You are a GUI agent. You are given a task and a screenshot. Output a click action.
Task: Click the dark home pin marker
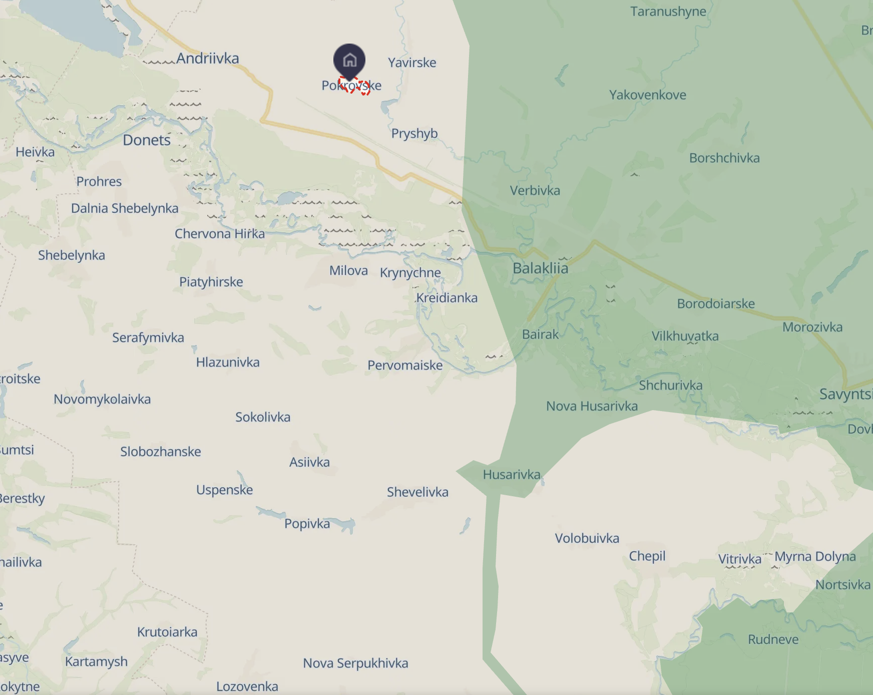click(x=349, y=61)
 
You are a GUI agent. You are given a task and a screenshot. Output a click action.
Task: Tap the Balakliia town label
click(x=540, y=268)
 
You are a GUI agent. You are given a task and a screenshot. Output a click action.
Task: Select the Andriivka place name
click(x=208, y=59)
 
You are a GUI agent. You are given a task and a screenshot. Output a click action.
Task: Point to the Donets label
click(x=147, y=140)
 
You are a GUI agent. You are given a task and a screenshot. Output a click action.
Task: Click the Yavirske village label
click(x=412, y=63)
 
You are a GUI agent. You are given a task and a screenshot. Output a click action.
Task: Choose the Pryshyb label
click(x=414, y=134)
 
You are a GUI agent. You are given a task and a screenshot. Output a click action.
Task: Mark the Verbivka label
click(x=535, y=190)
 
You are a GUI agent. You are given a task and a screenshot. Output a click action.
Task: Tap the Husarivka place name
click(x=512, y=474)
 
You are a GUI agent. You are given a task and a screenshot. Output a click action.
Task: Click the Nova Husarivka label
click(x=592, y=406)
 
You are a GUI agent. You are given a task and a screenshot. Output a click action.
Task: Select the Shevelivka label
click(x=417, y=492)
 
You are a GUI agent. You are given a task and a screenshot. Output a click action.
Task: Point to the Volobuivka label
click(x=587, y=538)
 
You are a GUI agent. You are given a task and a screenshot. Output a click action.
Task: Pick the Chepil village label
click(x=647, y=556)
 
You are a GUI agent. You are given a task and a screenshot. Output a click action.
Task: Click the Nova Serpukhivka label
click(x=355, y=663)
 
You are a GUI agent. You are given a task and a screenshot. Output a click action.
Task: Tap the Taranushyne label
click(x=668, y=12)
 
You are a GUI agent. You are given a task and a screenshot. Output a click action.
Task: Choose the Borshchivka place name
click(x=724, y=158)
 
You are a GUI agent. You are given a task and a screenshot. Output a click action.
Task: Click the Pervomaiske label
click(x=405, y=366)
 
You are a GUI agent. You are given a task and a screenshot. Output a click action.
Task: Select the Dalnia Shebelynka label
click(x=125, y=208)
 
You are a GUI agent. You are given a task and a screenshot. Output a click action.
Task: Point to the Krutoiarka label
click(x=167, y=632)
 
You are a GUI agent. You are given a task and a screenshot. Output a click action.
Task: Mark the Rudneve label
click(x=773, y=639)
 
